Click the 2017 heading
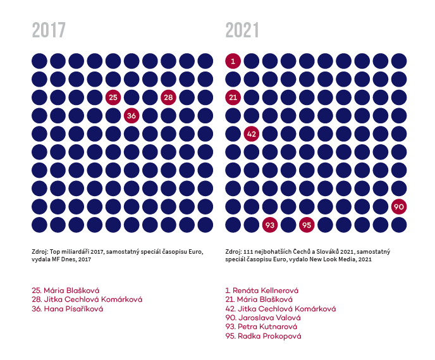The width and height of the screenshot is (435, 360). click(x=49, y=30)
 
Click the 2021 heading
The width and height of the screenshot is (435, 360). click(x=243, y=30)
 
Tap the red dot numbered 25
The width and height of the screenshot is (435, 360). click(x=113, y=97)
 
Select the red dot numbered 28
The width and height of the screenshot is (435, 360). click(x=168, y=97)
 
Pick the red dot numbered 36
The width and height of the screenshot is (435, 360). click(x=132, y=116)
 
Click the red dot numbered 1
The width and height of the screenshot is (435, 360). click(x=233, y=61)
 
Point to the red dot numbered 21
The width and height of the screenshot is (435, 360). click(x=233, y=97)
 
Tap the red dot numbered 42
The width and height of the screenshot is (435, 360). click(x=252, y=134)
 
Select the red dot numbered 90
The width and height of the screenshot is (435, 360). click(x=398, y=207)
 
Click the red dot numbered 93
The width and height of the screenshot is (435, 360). click(x=270, y=225)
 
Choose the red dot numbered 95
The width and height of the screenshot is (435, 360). click(x=307, y=225)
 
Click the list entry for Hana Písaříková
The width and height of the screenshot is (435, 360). click(x=67, y=309)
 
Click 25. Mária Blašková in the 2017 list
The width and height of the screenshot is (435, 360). click(x=65, y=290)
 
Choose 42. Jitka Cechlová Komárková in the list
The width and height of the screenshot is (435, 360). click(x=280, y=309)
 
